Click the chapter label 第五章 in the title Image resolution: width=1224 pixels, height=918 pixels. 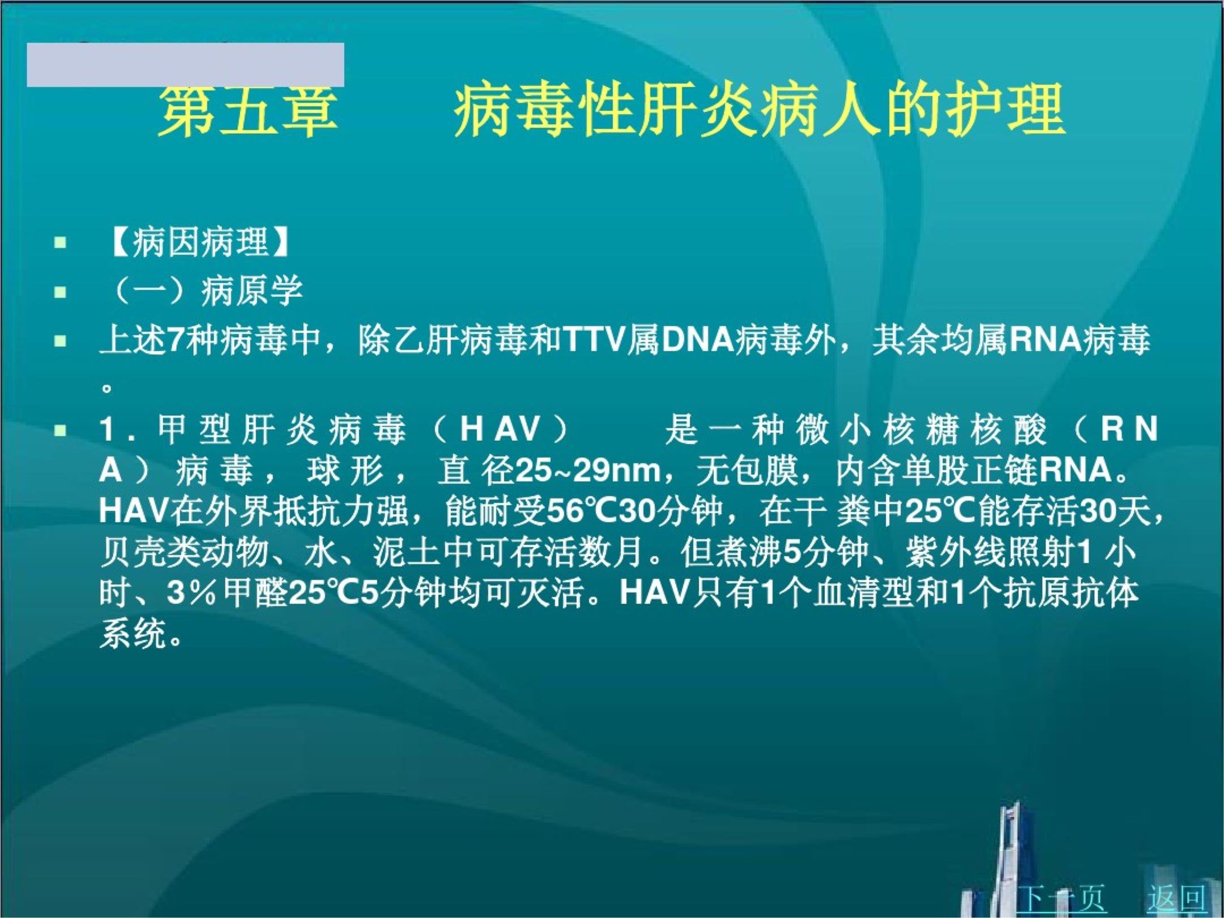tap(248, 112)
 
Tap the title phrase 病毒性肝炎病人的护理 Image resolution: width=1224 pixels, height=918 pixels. tap(759, 112)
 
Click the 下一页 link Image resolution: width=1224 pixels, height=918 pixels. tap(1061, 897)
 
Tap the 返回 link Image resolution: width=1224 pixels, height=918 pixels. tap(1176, 897)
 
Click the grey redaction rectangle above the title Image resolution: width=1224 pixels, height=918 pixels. tap(185, 65)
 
